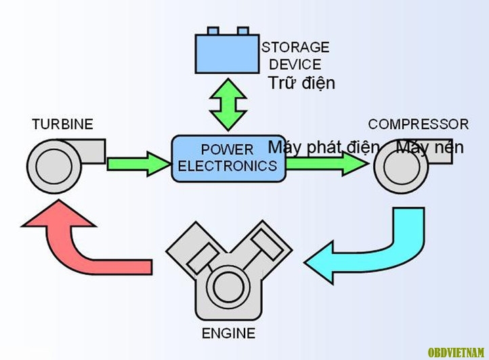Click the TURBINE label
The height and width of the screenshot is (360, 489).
63,124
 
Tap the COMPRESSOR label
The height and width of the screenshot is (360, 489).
418,124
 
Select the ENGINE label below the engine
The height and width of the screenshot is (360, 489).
229,333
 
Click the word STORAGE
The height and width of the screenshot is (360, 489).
296,47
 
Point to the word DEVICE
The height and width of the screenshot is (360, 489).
295,64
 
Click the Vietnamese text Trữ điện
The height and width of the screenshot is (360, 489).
301,83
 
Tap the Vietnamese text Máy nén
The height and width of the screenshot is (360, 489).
430,147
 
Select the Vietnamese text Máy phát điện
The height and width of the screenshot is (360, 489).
324,147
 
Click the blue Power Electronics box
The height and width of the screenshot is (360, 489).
229,158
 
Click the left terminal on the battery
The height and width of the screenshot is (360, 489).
213,30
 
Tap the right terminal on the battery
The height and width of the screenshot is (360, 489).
242,30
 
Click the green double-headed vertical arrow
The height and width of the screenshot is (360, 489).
228,104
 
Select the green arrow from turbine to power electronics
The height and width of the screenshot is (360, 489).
139,164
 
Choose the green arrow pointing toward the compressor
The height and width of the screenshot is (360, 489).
327,163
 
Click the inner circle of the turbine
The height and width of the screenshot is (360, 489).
54,166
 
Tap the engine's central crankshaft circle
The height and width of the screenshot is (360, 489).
229,287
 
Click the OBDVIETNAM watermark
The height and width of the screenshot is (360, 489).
456,353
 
